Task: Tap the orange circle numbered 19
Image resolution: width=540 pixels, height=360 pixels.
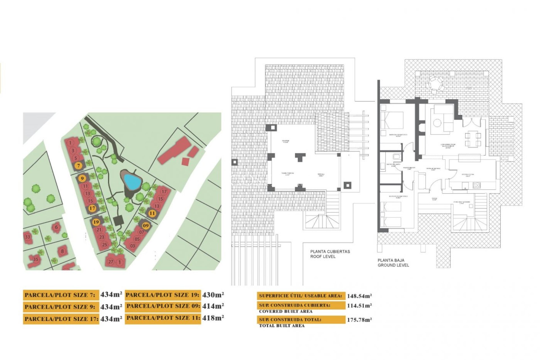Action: click(x=96, y=222)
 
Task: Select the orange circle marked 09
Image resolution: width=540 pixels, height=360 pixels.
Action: click(x=145, y=226)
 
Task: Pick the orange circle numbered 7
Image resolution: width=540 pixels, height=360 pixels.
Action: click(x=79, y=166)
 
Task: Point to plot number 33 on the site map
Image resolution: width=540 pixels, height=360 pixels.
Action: click(x=28, y=237)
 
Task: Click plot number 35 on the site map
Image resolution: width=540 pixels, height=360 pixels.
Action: click(x=36, y=259)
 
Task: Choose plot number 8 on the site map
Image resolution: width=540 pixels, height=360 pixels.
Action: click(x=62, y=251)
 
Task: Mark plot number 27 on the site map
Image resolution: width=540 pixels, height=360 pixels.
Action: click(x=111, y=262)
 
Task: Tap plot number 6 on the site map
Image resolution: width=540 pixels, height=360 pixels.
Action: click(x=56, y=227)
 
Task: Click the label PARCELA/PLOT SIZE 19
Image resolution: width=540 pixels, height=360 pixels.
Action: click(x=163, y=295)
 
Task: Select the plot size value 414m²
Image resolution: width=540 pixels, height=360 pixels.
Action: click(x=213, y=306)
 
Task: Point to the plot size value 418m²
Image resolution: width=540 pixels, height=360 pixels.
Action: click(x=213, y=318)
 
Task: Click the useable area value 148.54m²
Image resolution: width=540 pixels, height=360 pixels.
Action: click(x=359, y=296)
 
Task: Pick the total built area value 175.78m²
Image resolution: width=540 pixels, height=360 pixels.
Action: click(x=359, y=320)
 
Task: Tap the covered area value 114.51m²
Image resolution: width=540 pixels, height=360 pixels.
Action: click(x=359, y=305)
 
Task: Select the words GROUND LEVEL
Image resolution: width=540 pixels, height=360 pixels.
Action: click(x=393, y=265)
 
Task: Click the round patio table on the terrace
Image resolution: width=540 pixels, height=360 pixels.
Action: click(x=435, y=84)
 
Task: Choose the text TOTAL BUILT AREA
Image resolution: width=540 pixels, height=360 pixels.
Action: click(x=282, y=326)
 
